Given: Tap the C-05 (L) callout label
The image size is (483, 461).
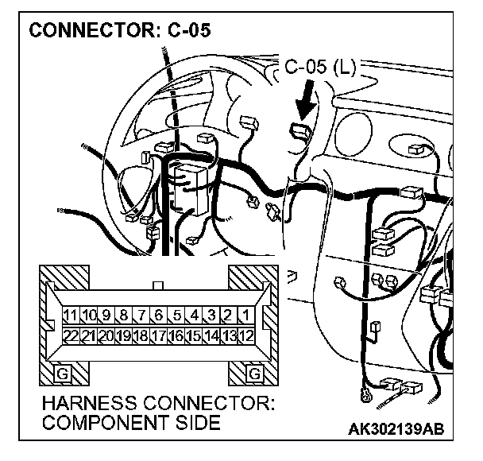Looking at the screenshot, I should (x=320, y=68).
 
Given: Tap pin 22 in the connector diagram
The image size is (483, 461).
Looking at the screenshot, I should (x=71, y=335).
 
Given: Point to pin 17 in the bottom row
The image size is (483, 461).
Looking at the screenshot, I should (x=158, y=335).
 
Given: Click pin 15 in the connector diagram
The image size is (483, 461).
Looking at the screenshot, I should (x=193, y=335).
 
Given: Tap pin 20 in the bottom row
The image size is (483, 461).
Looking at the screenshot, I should (x=106, y=335).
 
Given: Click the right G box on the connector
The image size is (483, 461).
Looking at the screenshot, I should (x=255, y=372).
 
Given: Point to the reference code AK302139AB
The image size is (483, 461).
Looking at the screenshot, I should (x=396, y=428).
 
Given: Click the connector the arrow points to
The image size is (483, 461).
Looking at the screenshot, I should (x=300, y=132).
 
